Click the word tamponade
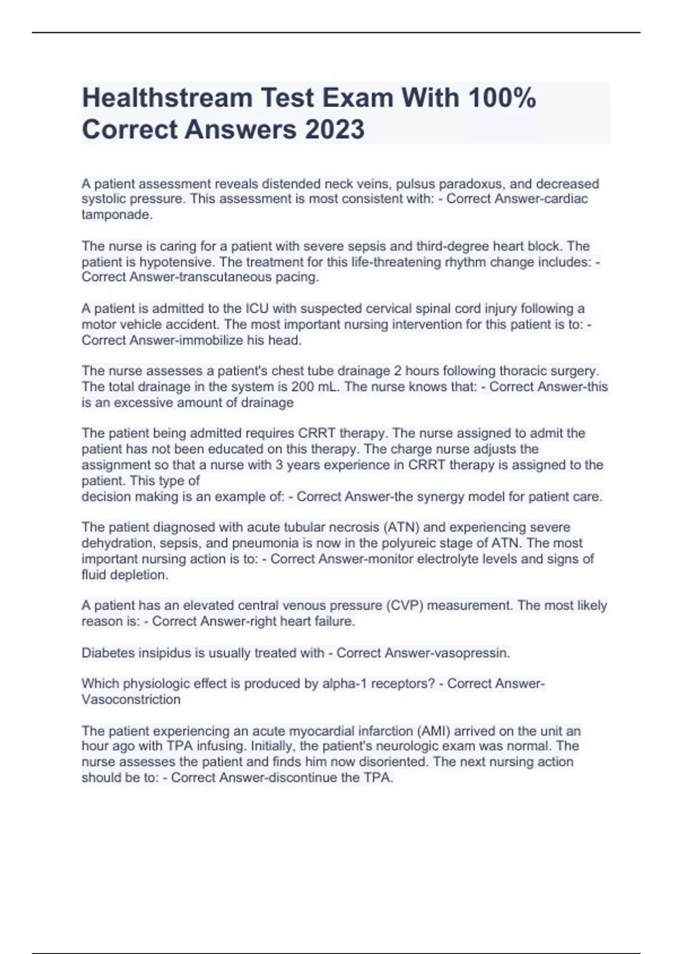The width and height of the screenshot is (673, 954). (x=117, y=215)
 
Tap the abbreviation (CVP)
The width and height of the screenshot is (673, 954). (x=404, y=606)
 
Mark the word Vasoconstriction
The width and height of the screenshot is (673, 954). (x=131, y=700)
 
